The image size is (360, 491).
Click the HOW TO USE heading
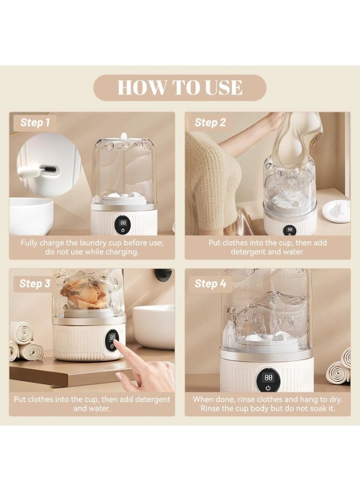(180, 87)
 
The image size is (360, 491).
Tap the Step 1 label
(35, 122)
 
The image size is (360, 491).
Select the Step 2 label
(210, 122)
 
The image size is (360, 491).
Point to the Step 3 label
(35, 284)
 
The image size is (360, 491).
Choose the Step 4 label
(210, 284)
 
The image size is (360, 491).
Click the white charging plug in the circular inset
(29, 171)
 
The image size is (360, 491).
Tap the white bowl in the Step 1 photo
(31, 215)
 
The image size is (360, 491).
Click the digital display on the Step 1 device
(123, 223)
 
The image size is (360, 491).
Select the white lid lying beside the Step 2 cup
(336, 211)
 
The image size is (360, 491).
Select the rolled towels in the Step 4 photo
(339, 367)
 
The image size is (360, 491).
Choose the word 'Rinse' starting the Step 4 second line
(209, 408)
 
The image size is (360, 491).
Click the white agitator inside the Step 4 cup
(268, 338)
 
